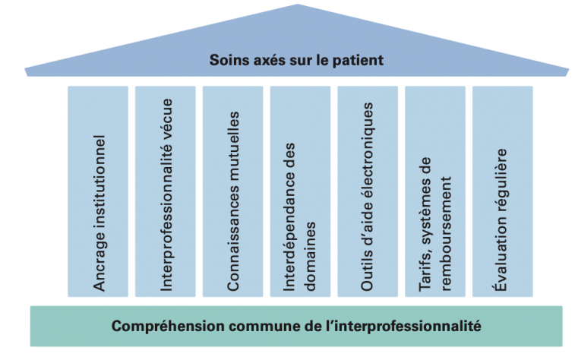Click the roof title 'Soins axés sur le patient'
(297, 58)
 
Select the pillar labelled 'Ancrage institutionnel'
(98, 191)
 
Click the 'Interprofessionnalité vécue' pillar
(166, 191)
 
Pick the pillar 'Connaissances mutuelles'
(233, 191)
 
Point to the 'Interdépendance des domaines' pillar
(300, 191)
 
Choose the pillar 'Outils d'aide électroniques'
(368, 191)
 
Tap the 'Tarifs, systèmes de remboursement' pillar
(435, 191)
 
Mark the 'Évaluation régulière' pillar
(502, 191)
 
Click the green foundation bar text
(296, 326)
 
